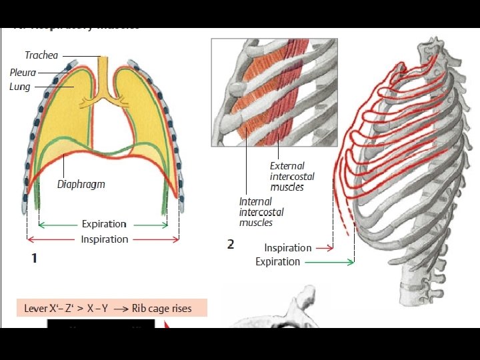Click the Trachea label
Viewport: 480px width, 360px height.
(41, 55)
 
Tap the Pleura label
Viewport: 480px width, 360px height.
(23, 72)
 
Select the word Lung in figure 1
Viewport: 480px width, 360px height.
(19, 87)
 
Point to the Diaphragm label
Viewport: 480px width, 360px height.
(81, 184)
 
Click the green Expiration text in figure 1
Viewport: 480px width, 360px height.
(104, 224)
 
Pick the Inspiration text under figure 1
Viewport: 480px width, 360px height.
(104, 239)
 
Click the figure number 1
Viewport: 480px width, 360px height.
(34, 258)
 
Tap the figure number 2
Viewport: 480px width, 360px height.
(230, 245)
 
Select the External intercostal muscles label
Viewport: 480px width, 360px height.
(292, 176)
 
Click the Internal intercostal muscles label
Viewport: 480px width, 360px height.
(261, 212)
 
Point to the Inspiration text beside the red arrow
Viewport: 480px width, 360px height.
(287, 248)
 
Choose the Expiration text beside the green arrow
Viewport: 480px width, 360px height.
(277, 262)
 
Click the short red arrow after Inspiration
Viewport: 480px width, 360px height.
(324, 248)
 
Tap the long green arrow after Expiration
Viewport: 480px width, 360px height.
(330, 262)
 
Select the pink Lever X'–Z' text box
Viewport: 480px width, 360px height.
(111, 308)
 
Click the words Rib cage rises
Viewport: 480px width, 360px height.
(162, 308)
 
